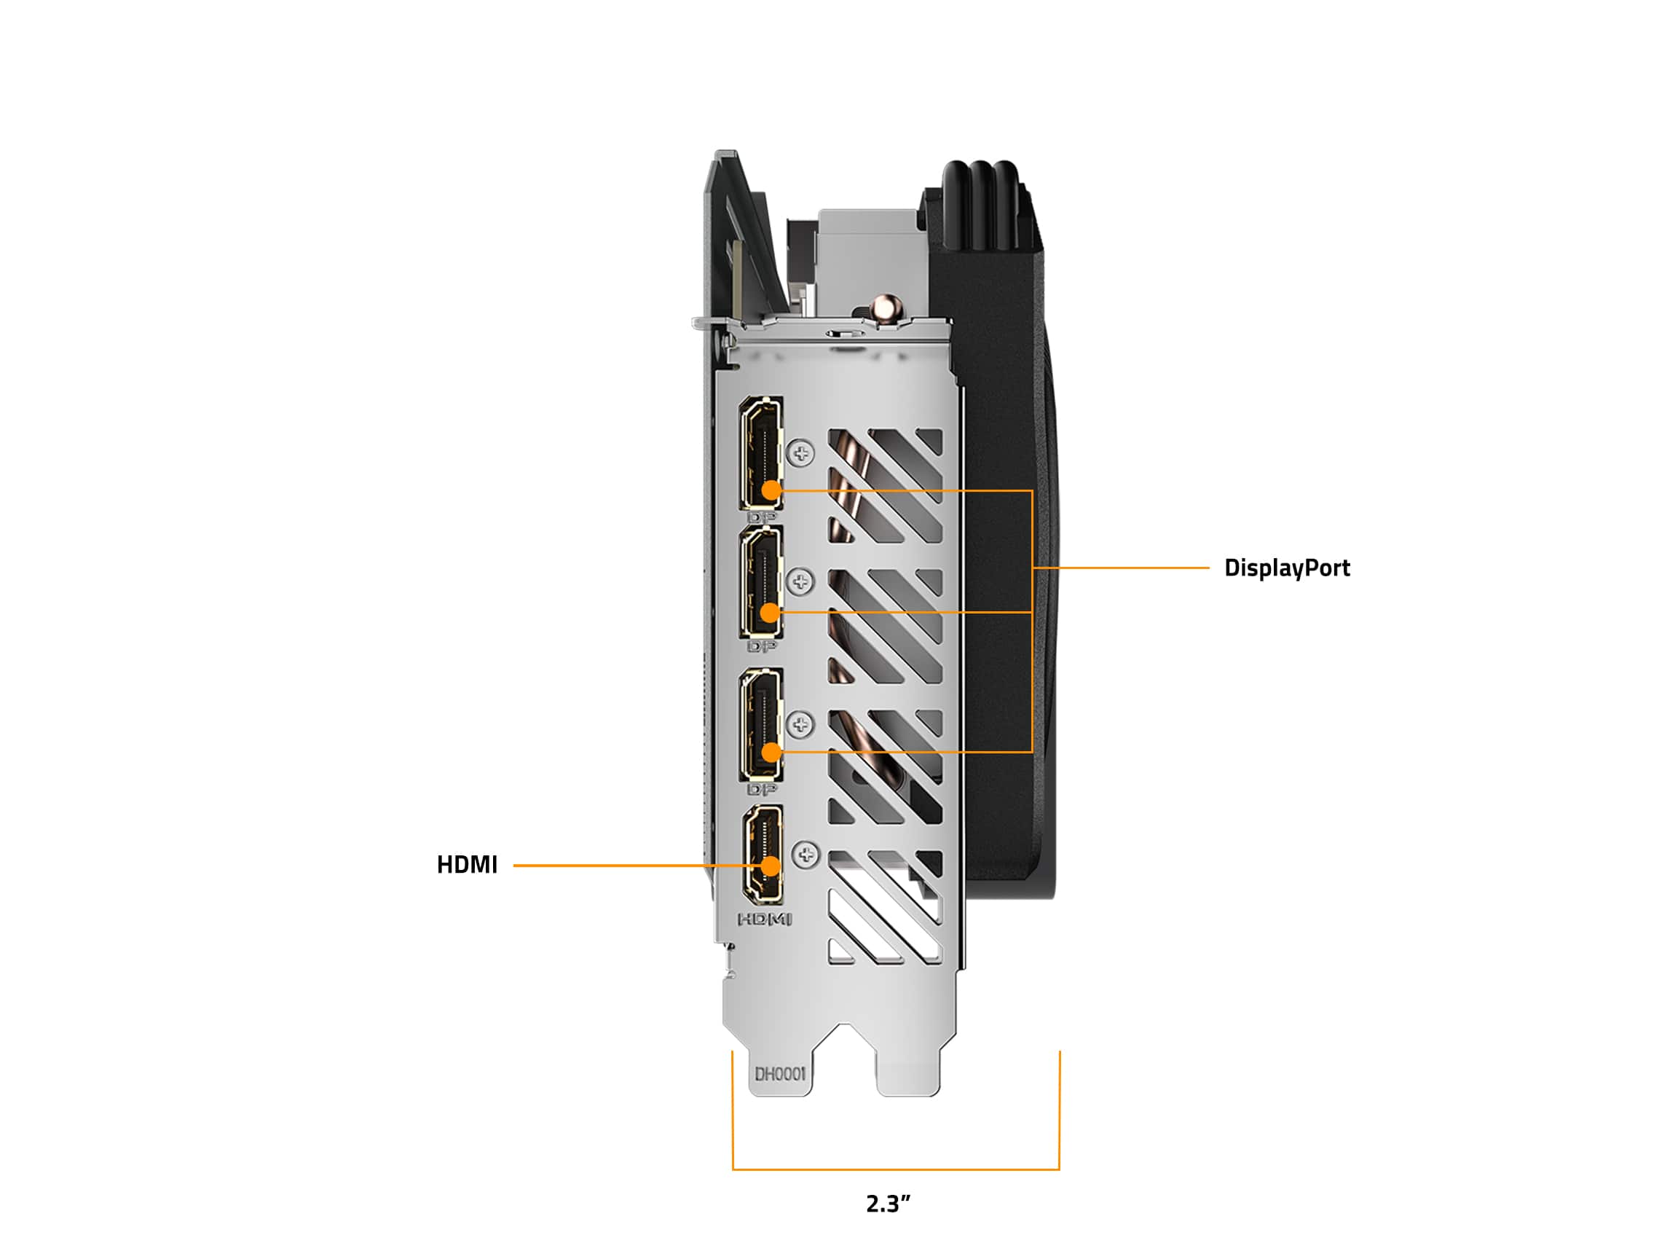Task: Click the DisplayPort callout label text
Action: click(x=1287, y=568)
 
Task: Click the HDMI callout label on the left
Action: click(x=467, y=864)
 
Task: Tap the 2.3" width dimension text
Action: click(x=888, y=1203)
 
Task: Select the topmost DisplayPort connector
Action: click(x=762, y=452)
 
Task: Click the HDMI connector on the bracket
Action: click(x=763, y=855)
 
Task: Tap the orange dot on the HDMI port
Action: click(x=771, y=866)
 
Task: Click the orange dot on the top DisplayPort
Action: click(x=771, y=490)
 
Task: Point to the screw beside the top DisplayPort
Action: click(x=801, y=454)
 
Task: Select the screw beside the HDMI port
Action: click(x=805, y=855)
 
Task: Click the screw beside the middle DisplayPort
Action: click(x=801, y=582)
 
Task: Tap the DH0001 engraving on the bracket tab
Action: click(x=780, y=1074)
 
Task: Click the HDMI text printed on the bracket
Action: click(x=765, y=919)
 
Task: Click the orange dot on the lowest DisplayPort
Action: click(x=771, y=752)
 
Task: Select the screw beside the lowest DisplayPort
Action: click(x=801, y=725)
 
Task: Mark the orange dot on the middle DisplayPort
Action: click(x=770, y=612)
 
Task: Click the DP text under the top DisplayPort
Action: click(x=762, y=517)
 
